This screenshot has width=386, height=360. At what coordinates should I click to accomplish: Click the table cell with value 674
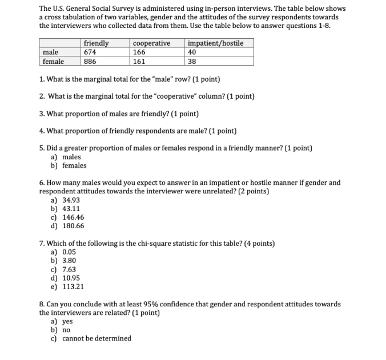(90, 52)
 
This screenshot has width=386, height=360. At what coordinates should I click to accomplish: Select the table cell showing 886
(90, 62)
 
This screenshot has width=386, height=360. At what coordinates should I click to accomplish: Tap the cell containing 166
(139, 52)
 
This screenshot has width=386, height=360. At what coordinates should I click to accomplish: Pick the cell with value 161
(139, 62)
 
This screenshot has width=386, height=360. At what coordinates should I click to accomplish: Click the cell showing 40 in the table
(192, 52)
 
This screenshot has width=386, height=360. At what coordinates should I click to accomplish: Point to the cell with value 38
(192, 62)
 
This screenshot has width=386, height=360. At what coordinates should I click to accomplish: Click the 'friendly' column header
(96, 43)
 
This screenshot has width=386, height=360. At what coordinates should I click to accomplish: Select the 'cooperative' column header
(151, 43)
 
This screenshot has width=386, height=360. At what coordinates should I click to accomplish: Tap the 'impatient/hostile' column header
(215, 43)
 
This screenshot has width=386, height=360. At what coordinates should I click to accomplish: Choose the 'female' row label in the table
(53, 62)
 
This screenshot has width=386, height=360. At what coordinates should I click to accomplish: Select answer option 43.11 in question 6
(71, 209)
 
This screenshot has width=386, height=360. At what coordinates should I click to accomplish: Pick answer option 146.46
(73, 217)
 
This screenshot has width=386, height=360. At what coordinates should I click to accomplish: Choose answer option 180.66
(73, 226)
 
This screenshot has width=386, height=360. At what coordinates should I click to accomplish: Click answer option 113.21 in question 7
(73, 286)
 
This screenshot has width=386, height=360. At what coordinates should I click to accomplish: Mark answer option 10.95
(71, 278)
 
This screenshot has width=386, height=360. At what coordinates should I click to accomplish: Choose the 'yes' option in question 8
(67, 321)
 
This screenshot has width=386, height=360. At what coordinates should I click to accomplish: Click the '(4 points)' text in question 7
(259, 244)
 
